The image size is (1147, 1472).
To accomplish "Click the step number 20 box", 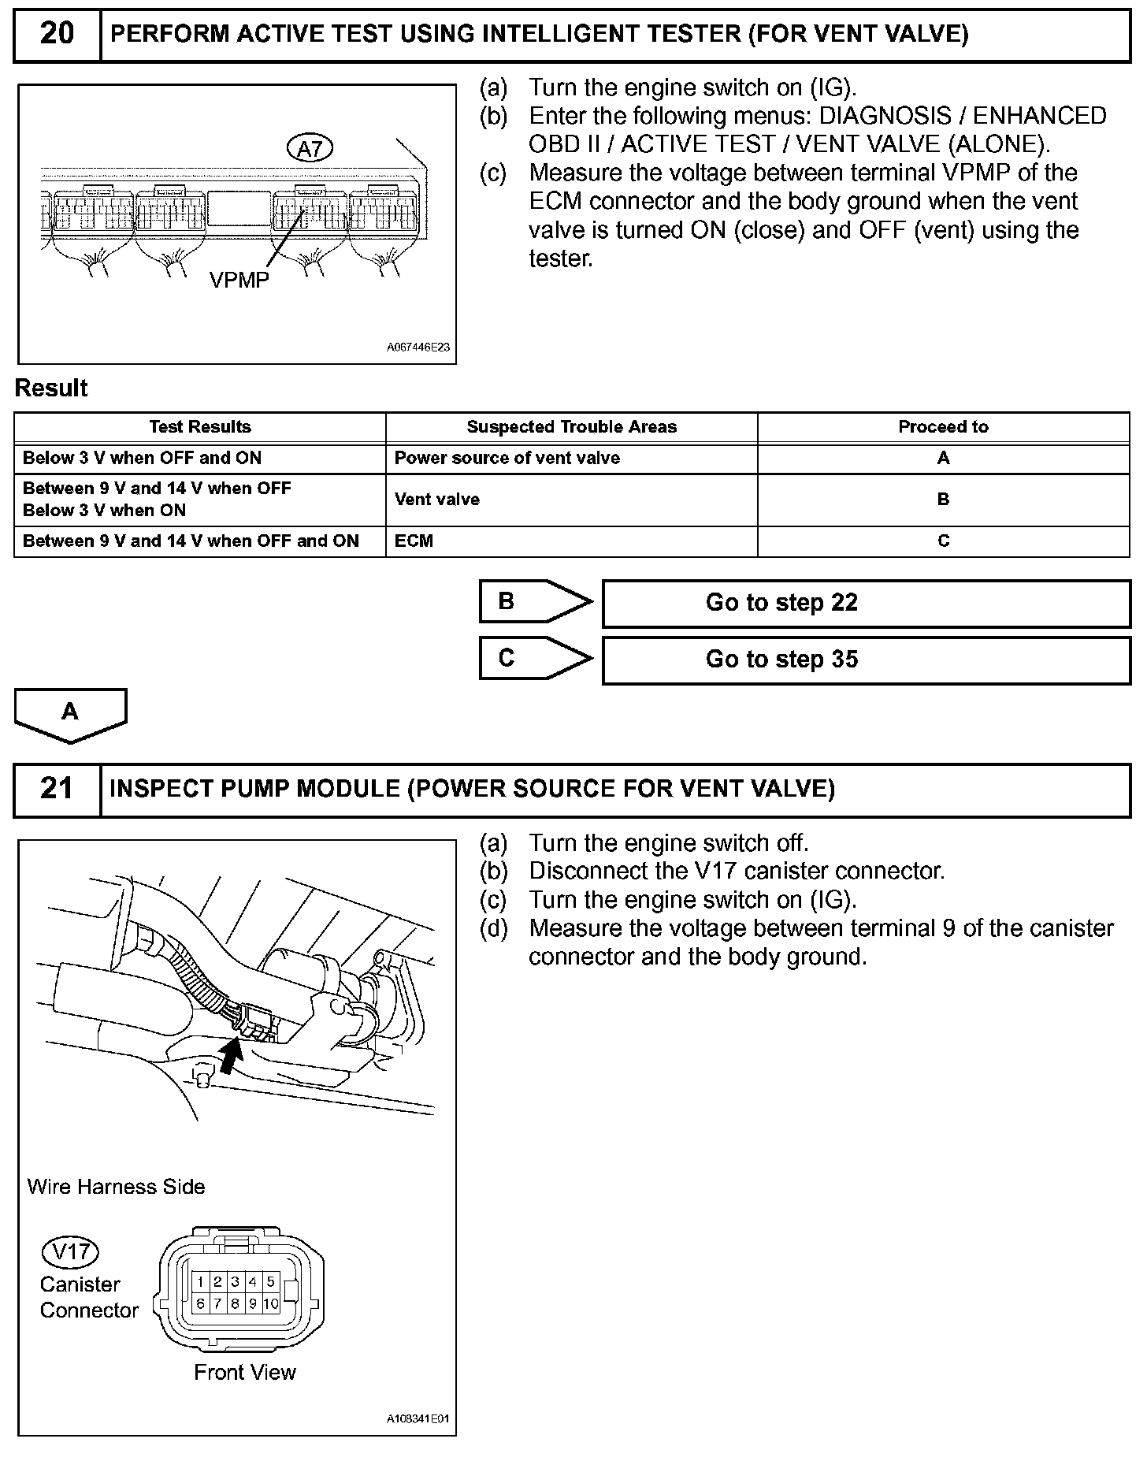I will point(57,34).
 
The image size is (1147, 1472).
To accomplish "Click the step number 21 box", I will point(57,789).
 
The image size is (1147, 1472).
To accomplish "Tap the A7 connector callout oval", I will point(310,147).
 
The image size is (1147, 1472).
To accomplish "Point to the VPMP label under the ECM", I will point(239,281).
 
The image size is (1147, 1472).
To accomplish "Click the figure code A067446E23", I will point(418,347).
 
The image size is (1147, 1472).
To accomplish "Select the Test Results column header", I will point(200,427).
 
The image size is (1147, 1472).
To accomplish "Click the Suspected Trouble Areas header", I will point(571,427).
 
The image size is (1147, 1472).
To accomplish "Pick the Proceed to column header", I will point(943,427).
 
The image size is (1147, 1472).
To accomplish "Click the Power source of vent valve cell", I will point(507,459).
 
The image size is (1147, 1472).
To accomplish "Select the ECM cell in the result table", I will point(414,541).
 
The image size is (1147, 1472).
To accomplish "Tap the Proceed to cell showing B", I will point(943,500).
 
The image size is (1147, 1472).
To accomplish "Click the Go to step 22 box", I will point(866,604).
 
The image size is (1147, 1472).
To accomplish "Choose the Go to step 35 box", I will point(866,660).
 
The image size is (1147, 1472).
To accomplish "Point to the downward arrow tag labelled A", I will point(70,713).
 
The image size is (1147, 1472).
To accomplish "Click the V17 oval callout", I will point(70,1251).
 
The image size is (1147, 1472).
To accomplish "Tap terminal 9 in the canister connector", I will point(253,1304).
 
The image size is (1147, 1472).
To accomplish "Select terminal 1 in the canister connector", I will point(201,1282).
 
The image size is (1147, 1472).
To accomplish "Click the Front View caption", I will point(244,1373).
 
